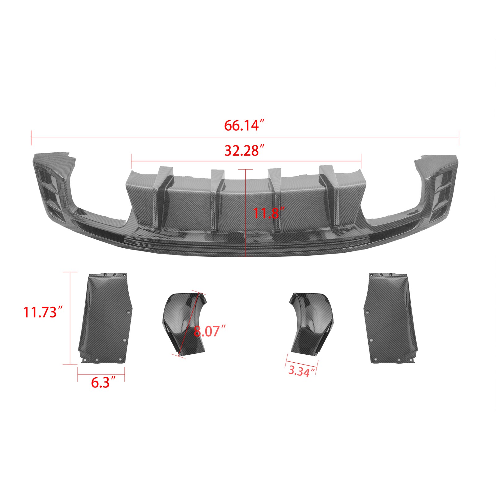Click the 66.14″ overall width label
coord(244,126)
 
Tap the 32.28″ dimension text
coord(244,151)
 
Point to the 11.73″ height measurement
coord(43,312)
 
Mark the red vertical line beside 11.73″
coord(70,318)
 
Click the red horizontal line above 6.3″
coord(101,374)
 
